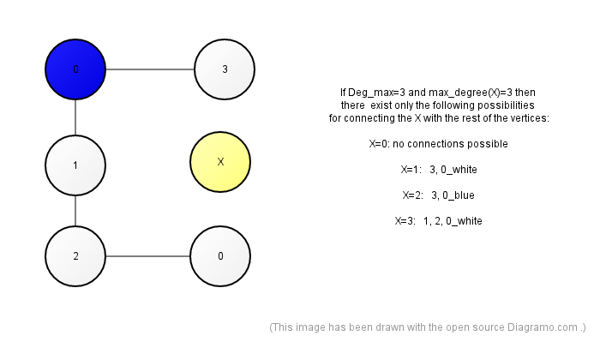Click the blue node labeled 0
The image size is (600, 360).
(x=75, y=69)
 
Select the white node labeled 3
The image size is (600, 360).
(x=225, y=69)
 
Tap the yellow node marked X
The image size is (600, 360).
(x=220, y=162)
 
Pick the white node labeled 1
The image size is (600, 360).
(x=75, y=165)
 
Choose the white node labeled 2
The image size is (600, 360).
(x=75, y=256)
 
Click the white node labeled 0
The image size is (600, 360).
(x=220, y=256)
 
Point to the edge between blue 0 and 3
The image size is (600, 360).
(x=150, y=69)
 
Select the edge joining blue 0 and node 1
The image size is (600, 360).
(x=75, y=117)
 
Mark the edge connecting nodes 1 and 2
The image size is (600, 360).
(x=75, y=211)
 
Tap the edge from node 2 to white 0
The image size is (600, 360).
(x=147, y=256)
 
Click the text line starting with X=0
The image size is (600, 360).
(x=439, y=144)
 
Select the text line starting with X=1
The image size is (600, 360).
(x=439, y=170)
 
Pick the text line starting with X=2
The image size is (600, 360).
(x=439, y=195)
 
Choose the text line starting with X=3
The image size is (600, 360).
(x=439, y=221)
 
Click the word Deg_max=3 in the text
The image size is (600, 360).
(x=377, y=93)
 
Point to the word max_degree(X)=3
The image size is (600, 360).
(x=471, y=93)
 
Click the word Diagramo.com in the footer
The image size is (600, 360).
(x=543, y=327)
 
